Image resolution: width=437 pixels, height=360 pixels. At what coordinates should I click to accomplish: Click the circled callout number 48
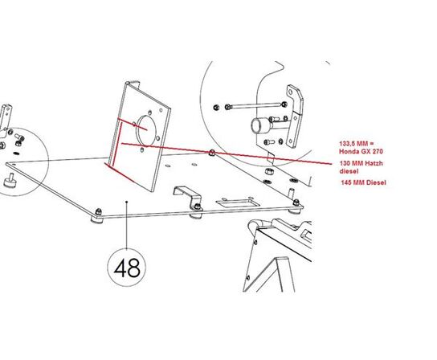[x=127, y=268]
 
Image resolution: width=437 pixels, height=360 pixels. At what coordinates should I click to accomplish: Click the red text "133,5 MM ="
[x=357, y=144]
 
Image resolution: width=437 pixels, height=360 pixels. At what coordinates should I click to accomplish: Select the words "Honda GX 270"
[x=361, y=151]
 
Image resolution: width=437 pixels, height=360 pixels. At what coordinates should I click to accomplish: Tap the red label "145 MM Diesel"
[x=363, y=182]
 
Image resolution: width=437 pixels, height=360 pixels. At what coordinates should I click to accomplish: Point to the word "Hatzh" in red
[x=374, y=163]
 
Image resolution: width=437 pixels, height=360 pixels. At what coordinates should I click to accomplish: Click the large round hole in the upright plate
[x=146, y=130]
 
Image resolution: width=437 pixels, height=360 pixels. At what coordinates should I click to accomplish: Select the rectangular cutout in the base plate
[x=238, y=202]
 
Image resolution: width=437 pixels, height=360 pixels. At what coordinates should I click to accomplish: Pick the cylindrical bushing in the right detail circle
[x=260, y=126]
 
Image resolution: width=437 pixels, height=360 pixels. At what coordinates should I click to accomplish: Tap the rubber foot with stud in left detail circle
[x=9, y=182]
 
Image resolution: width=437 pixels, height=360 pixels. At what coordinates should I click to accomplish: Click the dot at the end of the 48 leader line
[x=127, y=202]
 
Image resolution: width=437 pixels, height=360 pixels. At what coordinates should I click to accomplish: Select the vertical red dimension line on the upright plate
[x=118, y=144]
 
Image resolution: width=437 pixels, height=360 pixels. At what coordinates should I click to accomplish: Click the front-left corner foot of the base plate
[x=97, y=216]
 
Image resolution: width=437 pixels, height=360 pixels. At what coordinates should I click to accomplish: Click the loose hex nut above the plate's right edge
[x=268, y=171]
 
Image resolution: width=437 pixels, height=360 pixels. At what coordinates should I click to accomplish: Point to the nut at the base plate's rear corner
[x=212, y=152]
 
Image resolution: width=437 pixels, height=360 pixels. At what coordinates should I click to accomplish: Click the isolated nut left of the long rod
[x=216, y=107]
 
